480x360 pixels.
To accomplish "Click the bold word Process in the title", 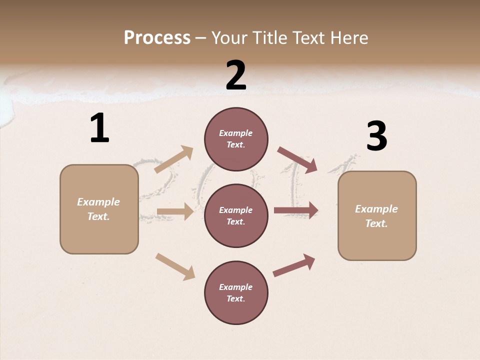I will pos(157,38).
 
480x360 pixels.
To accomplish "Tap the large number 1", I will pos(99,128).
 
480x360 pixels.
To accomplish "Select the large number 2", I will pos(236,76).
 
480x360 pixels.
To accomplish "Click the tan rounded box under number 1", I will pos(99,209).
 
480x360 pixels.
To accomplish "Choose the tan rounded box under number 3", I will pos(377,216).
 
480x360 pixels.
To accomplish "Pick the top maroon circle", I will pos(236,139).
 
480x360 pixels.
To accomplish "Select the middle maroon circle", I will pos(236,216).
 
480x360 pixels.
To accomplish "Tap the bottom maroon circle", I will pos(236,293).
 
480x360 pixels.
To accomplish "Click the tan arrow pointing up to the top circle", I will pos(174,159).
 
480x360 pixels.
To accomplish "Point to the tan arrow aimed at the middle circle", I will pos(175,212).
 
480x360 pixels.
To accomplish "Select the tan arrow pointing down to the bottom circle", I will pos(175,266).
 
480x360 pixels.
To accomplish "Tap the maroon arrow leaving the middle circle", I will pos(296,210).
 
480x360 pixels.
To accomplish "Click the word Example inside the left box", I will pos(98,202).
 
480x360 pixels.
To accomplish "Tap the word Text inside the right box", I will pos(376,223).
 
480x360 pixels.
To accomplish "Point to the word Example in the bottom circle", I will pos(236,287).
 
